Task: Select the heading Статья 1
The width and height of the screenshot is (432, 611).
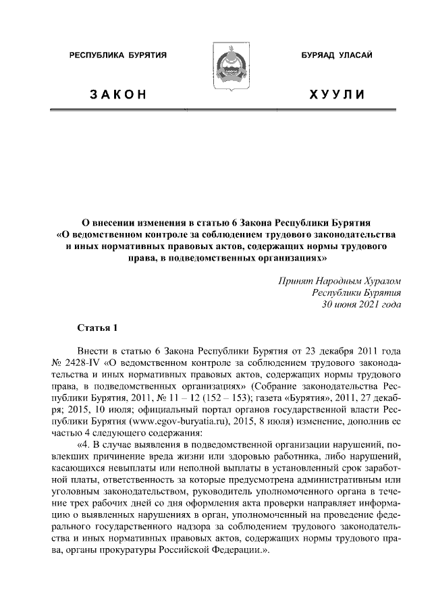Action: (97, 329)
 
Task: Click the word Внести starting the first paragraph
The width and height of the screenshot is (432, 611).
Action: (94, 353)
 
